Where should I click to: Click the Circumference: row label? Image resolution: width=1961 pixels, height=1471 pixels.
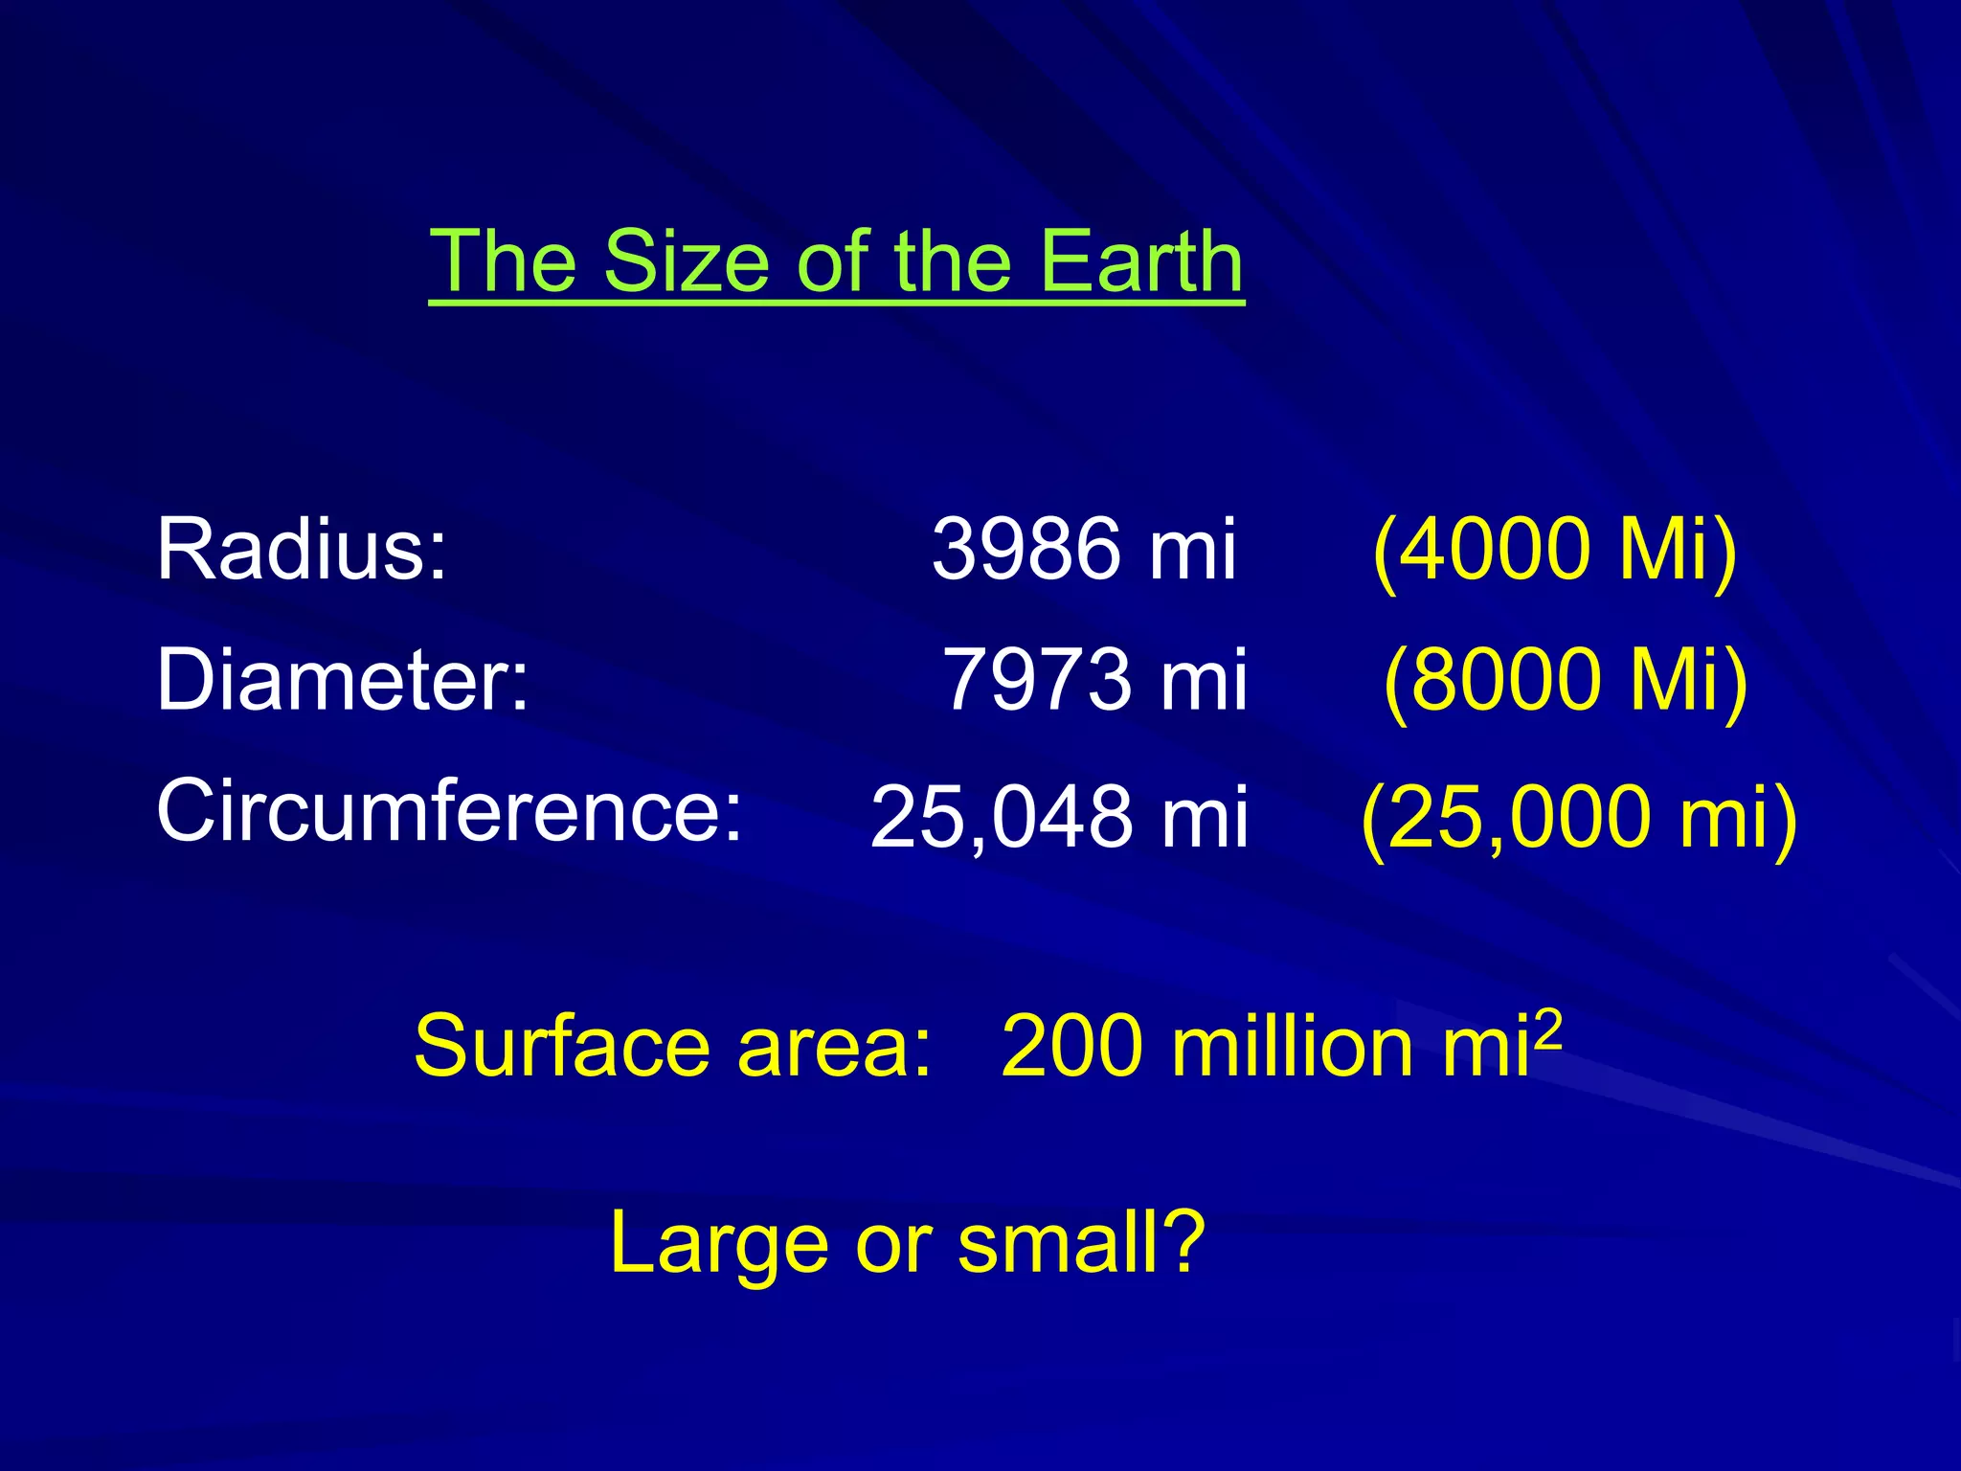click(x=449, y=810)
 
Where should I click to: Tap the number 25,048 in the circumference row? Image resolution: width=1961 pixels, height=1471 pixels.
click(x=1000, y=817)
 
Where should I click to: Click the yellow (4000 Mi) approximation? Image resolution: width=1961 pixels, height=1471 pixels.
click(x=1554, y=549)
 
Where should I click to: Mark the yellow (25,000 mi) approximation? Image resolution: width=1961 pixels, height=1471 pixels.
click(x=1579, y=817)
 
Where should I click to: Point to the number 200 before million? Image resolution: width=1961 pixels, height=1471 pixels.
click(x=1071, y=1046)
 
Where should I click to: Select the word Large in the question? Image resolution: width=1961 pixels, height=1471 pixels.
click(x=718, y=1243)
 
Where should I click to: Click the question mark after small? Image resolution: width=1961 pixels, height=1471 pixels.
click(x=1179, y=1241)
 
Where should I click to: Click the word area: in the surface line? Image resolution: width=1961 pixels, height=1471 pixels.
click(x=834, y=1048)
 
